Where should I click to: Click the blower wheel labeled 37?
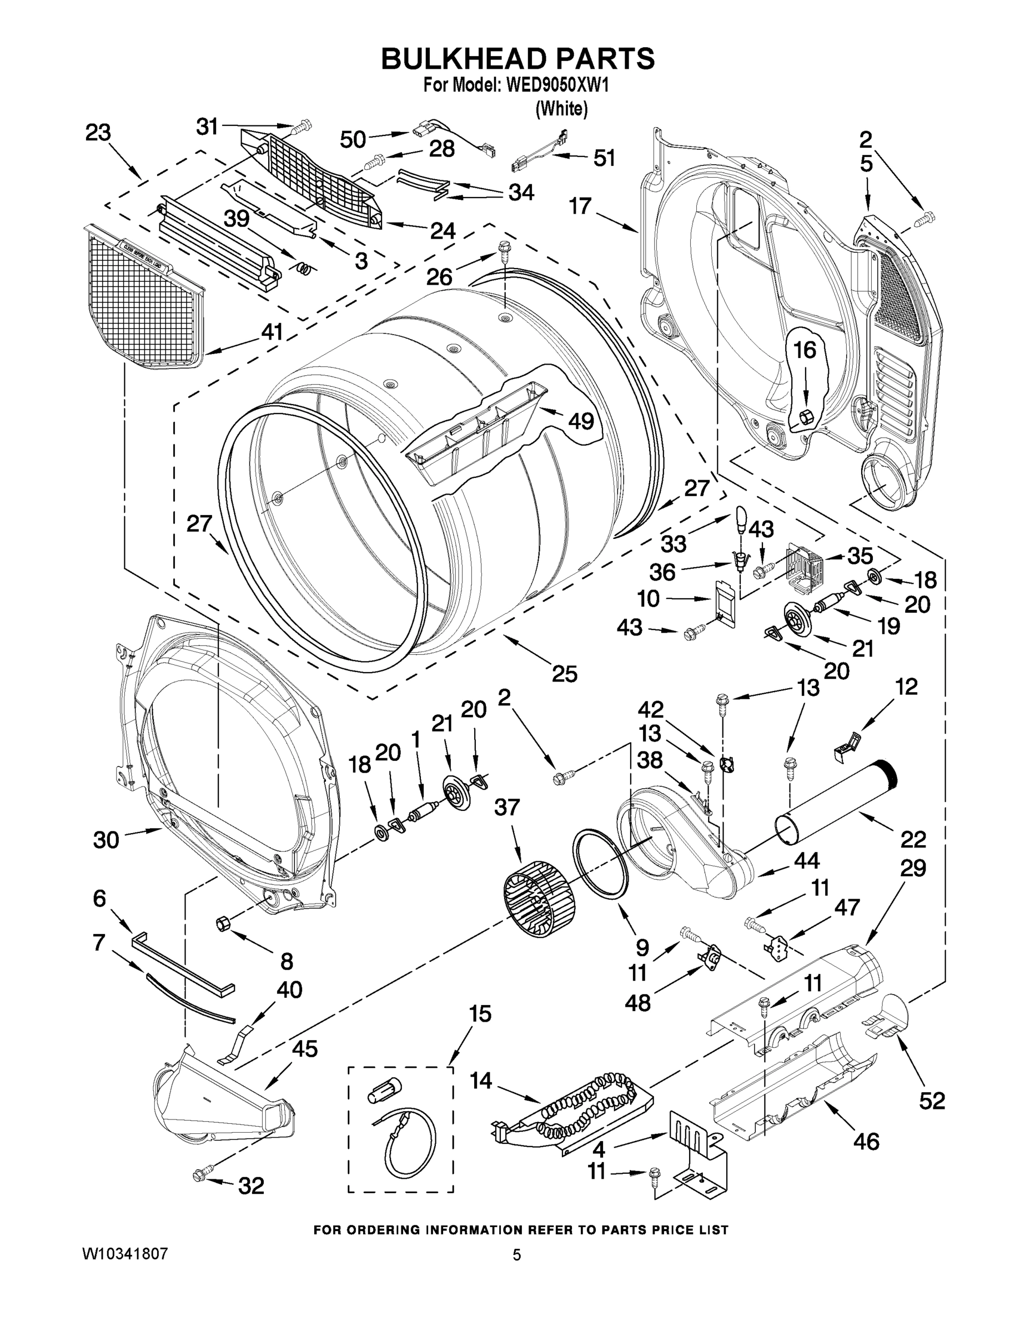(x=539, y=899)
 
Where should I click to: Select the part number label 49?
(x=580, y=420)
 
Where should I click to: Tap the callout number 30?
(x=105, y=840)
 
